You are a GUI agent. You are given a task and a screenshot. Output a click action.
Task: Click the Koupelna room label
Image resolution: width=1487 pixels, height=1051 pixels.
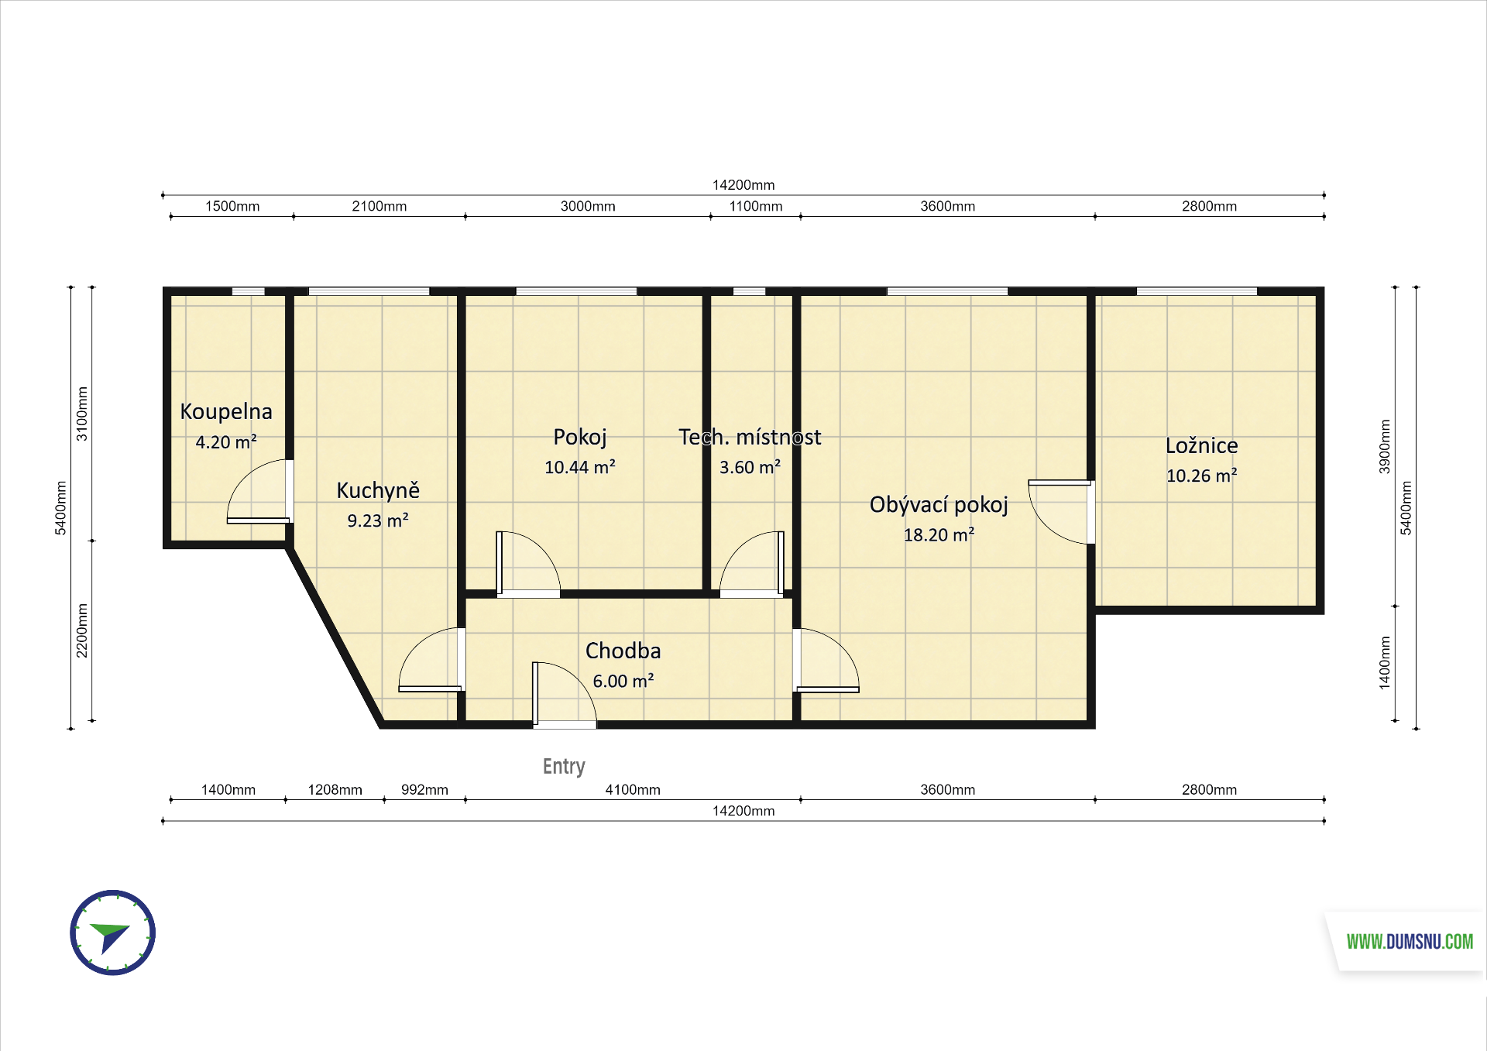[226, 411]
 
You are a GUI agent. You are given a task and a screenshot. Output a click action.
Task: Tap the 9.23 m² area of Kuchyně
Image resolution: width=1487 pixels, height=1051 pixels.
[378, 520]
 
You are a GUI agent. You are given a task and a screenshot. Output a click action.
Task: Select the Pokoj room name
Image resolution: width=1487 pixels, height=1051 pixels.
[580, 438]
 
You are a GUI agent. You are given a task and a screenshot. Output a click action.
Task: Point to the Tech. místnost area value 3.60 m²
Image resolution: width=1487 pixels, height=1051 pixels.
[750, 467]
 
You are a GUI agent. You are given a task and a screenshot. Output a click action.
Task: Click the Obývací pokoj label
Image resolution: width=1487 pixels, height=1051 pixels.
[939, 505]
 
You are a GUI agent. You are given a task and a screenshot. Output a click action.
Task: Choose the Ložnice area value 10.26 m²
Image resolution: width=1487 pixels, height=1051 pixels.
[1202, 476]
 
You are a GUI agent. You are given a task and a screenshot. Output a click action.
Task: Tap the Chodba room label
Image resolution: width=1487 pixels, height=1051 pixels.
[623, 651]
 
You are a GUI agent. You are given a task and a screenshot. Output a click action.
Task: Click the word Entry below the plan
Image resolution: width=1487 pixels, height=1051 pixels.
[564, 766]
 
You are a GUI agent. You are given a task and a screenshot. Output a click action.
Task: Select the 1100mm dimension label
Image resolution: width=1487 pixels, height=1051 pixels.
[756, 206]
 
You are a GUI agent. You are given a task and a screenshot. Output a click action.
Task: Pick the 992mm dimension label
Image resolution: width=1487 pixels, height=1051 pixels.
[424, 790]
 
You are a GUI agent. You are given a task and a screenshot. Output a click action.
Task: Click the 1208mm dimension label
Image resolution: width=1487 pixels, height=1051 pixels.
[335, 790]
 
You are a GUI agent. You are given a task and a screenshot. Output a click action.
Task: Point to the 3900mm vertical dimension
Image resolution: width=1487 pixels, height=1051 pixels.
[1385, 447]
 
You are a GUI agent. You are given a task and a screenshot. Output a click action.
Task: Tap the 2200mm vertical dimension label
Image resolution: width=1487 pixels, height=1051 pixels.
[82, 630]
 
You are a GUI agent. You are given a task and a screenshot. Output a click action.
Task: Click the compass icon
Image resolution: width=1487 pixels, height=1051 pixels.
[113, 933]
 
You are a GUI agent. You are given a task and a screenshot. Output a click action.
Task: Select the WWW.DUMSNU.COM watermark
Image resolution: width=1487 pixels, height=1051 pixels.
[1410, 942]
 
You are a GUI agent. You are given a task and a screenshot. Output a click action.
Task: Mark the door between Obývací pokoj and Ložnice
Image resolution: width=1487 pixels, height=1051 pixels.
[1061, 512]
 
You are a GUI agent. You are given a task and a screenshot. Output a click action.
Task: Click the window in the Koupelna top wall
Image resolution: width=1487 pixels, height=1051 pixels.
[249, 291]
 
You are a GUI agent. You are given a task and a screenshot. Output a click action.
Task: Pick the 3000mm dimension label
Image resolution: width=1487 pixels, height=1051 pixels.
[588, 206]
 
